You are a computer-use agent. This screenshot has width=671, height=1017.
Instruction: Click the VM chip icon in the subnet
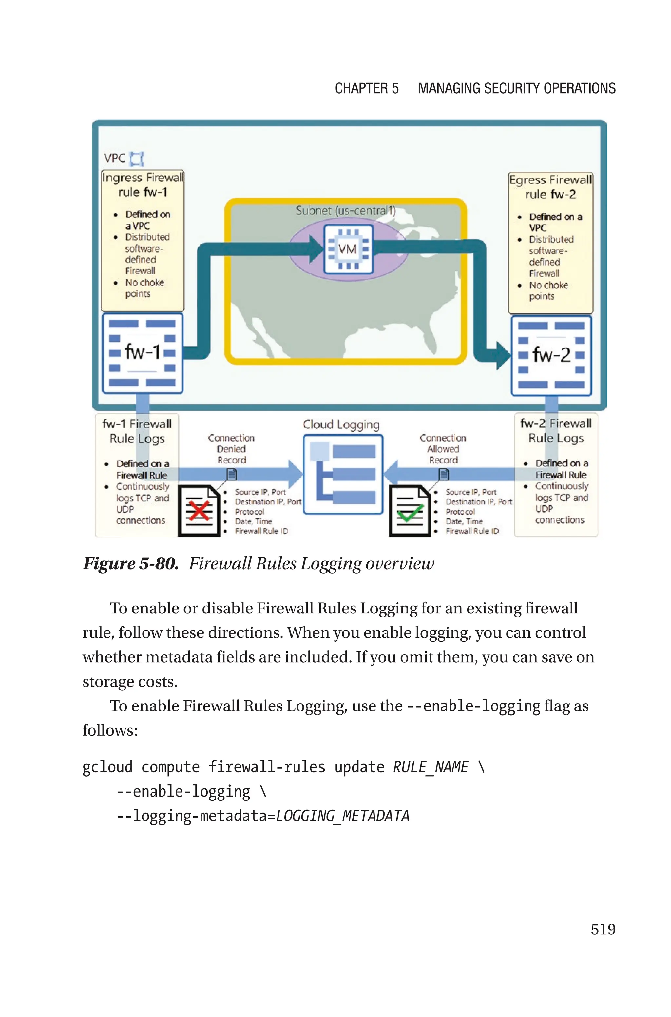pos(348,249)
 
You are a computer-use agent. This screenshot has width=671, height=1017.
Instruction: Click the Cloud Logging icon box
pos(343,474)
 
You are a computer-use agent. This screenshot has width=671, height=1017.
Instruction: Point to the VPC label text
pos(115,158)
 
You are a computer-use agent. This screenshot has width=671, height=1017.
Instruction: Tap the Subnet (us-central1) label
pos(345,210)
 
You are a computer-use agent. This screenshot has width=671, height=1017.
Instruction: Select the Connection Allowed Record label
pos(443,449)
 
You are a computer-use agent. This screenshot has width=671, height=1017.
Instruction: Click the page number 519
pos(603,929)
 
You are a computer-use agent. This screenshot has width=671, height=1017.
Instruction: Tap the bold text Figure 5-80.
pos(130,564)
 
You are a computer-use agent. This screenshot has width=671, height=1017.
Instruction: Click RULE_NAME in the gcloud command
pos(431,767)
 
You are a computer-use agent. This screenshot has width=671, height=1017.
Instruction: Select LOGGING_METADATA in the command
pos(342,816)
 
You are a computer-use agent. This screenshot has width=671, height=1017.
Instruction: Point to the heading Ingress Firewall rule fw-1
pos(143,185)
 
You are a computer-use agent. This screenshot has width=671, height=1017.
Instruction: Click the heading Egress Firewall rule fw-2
pos(550,187)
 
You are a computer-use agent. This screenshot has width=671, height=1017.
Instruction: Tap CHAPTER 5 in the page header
pos(366,88)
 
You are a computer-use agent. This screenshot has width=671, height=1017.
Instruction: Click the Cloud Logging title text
pos(341,425)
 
